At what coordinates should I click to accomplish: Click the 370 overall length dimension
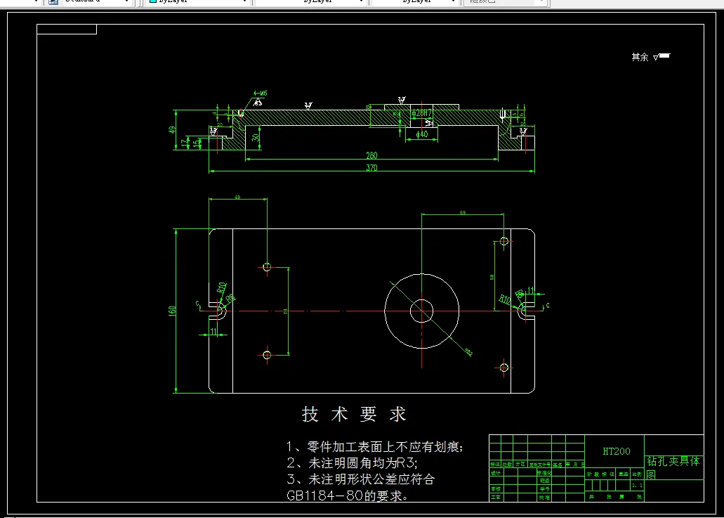coord(371,168)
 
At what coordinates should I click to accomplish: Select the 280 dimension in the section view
coord(371,155)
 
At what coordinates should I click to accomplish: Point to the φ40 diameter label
coord(422,134)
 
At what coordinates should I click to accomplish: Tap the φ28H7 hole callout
coord(421,112)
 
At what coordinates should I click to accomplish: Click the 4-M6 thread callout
coord(261,93)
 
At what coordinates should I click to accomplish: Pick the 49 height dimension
coord(172,130)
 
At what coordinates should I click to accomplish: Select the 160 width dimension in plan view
coord(172,311)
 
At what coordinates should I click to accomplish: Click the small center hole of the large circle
coord(421,310)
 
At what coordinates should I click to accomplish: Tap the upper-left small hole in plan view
coord(267,266)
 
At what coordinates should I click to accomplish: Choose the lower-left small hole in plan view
coord(267,355)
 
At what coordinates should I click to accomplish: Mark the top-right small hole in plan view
coord(504,241)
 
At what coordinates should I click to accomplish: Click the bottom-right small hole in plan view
coord(504,367)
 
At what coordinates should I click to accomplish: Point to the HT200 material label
coord(617,451)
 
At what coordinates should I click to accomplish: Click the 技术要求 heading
coord(355,415)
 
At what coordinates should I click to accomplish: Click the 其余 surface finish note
coord(640,57)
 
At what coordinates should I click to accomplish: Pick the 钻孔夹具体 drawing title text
coord(673,462)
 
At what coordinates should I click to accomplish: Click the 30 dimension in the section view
coord(256,138)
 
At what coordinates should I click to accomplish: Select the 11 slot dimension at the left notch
coord(213,332)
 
